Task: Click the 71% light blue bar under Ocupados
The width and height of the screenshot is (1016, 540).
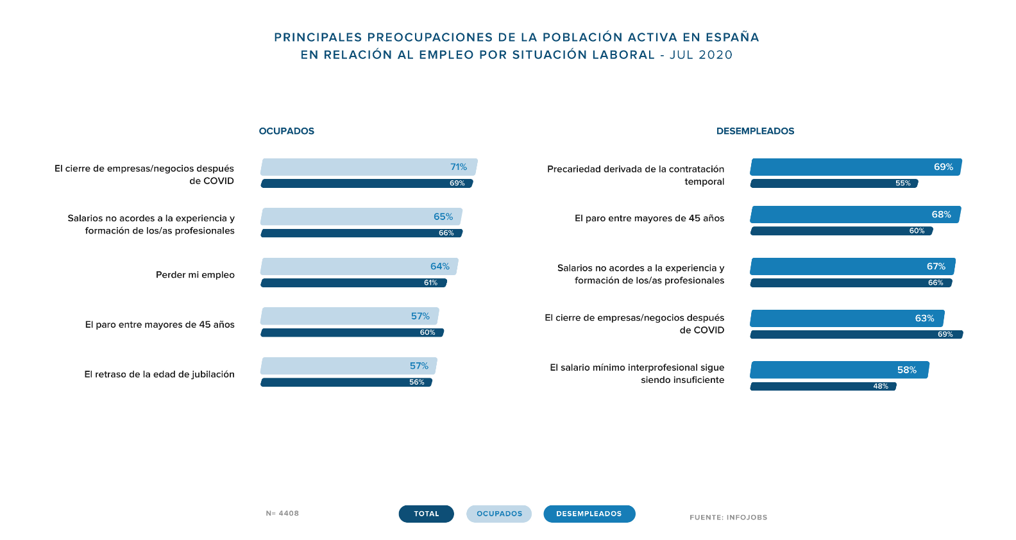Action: click(369, 167)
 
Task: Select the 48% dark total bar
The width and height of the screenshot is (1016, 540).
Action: click(823, 387)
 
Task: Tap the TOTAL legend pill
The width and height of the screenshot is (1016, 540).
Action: click(426, 514)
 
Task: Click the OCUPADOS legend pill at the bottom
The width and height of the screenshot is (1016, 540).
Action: click(499, 514)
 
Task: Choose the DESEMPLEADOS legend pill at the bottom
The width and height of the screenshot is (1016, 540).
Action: click(589, 514)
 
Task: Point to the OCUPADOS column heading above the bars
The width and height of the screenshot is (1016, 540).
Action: click(287, 131)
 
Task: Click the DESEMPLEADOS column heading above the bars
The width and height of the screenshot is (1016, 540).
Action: click(755, 131)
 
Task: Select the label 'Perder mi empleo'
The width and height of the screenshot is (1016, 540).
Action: click(195, 274)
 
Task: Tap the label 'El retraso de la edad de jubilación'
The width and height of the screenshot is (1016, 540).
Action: click(159, 375)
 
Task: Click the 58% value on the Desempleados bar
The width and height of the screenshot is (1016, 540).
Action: click(906, 370)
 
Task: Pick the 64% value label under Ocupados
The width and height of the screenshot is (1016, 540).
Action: click(440, 266)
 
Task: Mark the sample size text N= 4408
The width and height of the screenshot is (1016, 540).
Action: click(282, 513)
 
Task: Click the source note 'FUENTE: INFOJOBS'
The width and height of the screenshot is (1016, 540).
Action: click(728, 518)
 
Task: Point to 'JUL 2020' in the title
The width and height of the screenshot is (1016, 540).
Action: click(701, 55)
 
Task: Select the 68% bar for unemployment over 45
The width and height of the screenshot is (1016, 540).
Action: click(855, 215)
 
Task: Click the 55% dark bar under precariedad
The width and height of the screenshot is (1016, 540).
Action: click(834, 183)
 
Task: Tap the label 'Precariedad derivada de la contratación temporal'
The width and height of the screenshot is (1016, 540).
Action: click(636, 175)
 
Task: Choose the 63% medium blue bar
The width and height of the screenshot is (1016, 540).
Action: click(847, 319)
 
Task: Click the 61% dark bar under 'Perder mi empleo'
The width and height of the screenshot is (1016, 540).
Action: click(353, 283)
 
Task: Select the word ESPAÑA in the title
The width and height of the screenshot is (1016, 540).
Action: click(732, 37)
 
